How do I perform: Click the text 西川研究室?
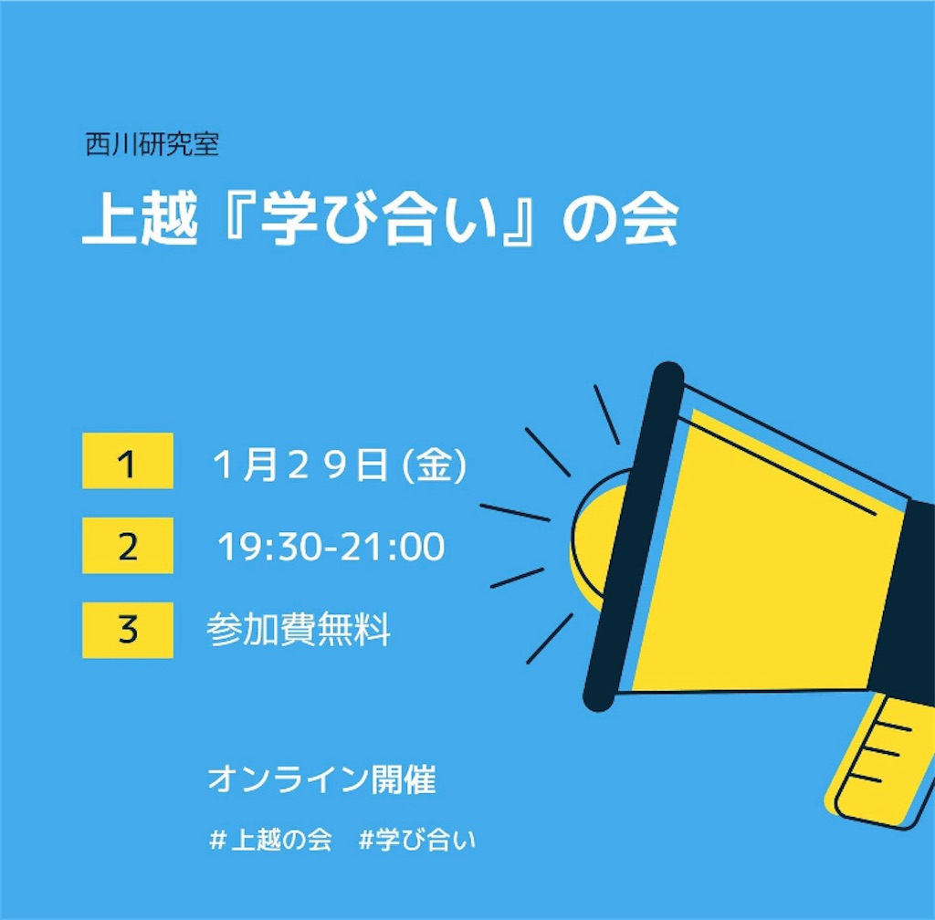click(152, 144)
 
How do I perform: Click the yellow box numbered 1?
click(128, 461)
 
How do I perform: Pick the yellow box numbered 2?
click(128, 545)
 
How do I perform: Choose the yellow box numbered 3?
click(128, 630)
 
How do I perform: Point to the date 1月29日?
click(301, 465)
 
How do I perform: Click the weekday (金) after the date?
click(434, 465)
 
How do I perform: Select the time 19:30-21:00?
click(331, 547)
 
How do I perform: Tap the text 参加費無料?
click(299, 629)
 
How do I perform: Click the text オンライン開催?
click(322, 779)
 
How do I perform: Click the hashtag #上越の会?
click(270, 841)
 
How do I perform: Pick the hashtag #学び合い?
click(417, 841)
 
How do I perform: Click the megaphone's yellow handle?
click(883, 759)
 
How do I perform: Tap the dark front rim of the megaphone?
click(634, 537)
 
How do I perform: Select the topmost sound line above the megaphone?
click(606, 414)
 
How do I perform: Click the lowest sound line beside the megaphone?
click(550, 639)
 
